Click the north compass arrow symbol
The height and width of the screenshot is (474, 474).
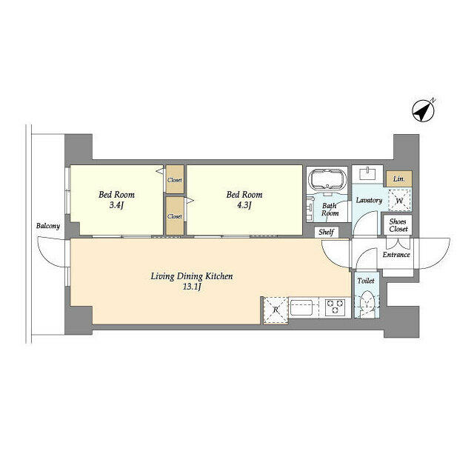coord(424,110)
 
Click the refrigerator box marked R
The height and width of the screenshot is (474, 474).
coord(276,310)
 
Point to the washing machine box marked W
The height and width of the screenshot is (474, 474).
coord(399,200)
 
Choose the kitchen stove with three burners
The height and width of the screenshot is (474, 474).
coord(335,307)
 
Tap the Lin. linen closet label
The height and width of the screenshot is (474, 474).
coord(399,179)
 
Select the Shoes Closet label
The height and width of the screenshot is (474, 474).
coord(398,225)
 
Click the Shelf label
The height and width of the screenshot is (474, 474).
coord(326,232)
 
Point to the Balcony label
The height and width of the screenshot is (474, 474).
coord(48,226)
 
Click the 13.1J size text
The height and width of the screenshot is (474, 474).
coord(192,287)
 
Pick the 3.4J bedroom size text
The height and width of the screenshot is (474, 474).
coord(117,205)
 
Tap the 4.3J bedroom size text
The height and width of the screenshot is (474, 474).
coord(244,205)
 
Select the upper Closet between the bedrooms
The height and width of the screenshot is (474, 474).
coord(175,179)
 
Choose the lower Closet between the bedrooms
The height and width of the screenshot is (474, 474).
coord(175,216)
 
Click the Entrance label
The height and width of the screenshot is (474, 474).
coord(396,255)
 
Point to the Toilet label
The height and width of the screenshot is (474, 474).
coord(366,281)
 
